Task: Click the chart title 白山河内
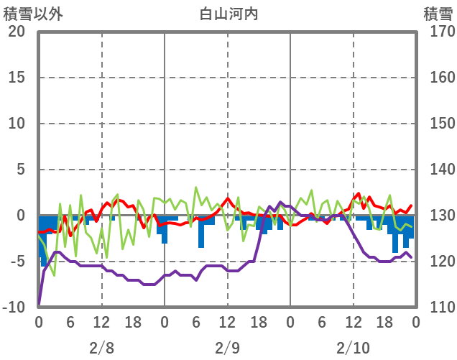click(228, 14)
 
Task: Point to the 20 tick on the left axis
click(17, 32)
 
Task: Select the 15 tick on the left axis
click(17, 78)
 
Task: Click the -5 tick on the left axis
click(17, 262)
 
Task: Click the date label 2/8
click(101, 348)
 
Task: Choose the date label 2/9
click(227, 348)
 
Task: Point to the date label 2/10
click(353, 348)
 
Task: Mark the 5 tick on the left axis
click(21, 170)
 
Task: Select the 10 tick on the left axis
click(17, 124)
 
